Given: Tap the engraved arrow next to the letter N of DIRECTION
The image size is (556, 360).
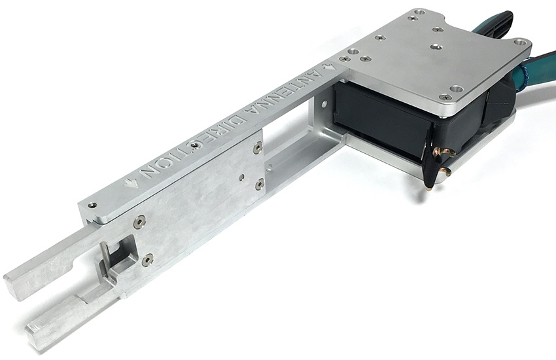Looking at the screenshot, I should [135, 177].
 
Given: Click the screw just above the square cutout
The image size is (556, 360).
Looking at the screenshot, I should [139, 223].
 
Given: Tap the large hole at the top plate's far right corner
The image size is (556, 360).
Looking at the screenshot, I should [521, 43].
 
